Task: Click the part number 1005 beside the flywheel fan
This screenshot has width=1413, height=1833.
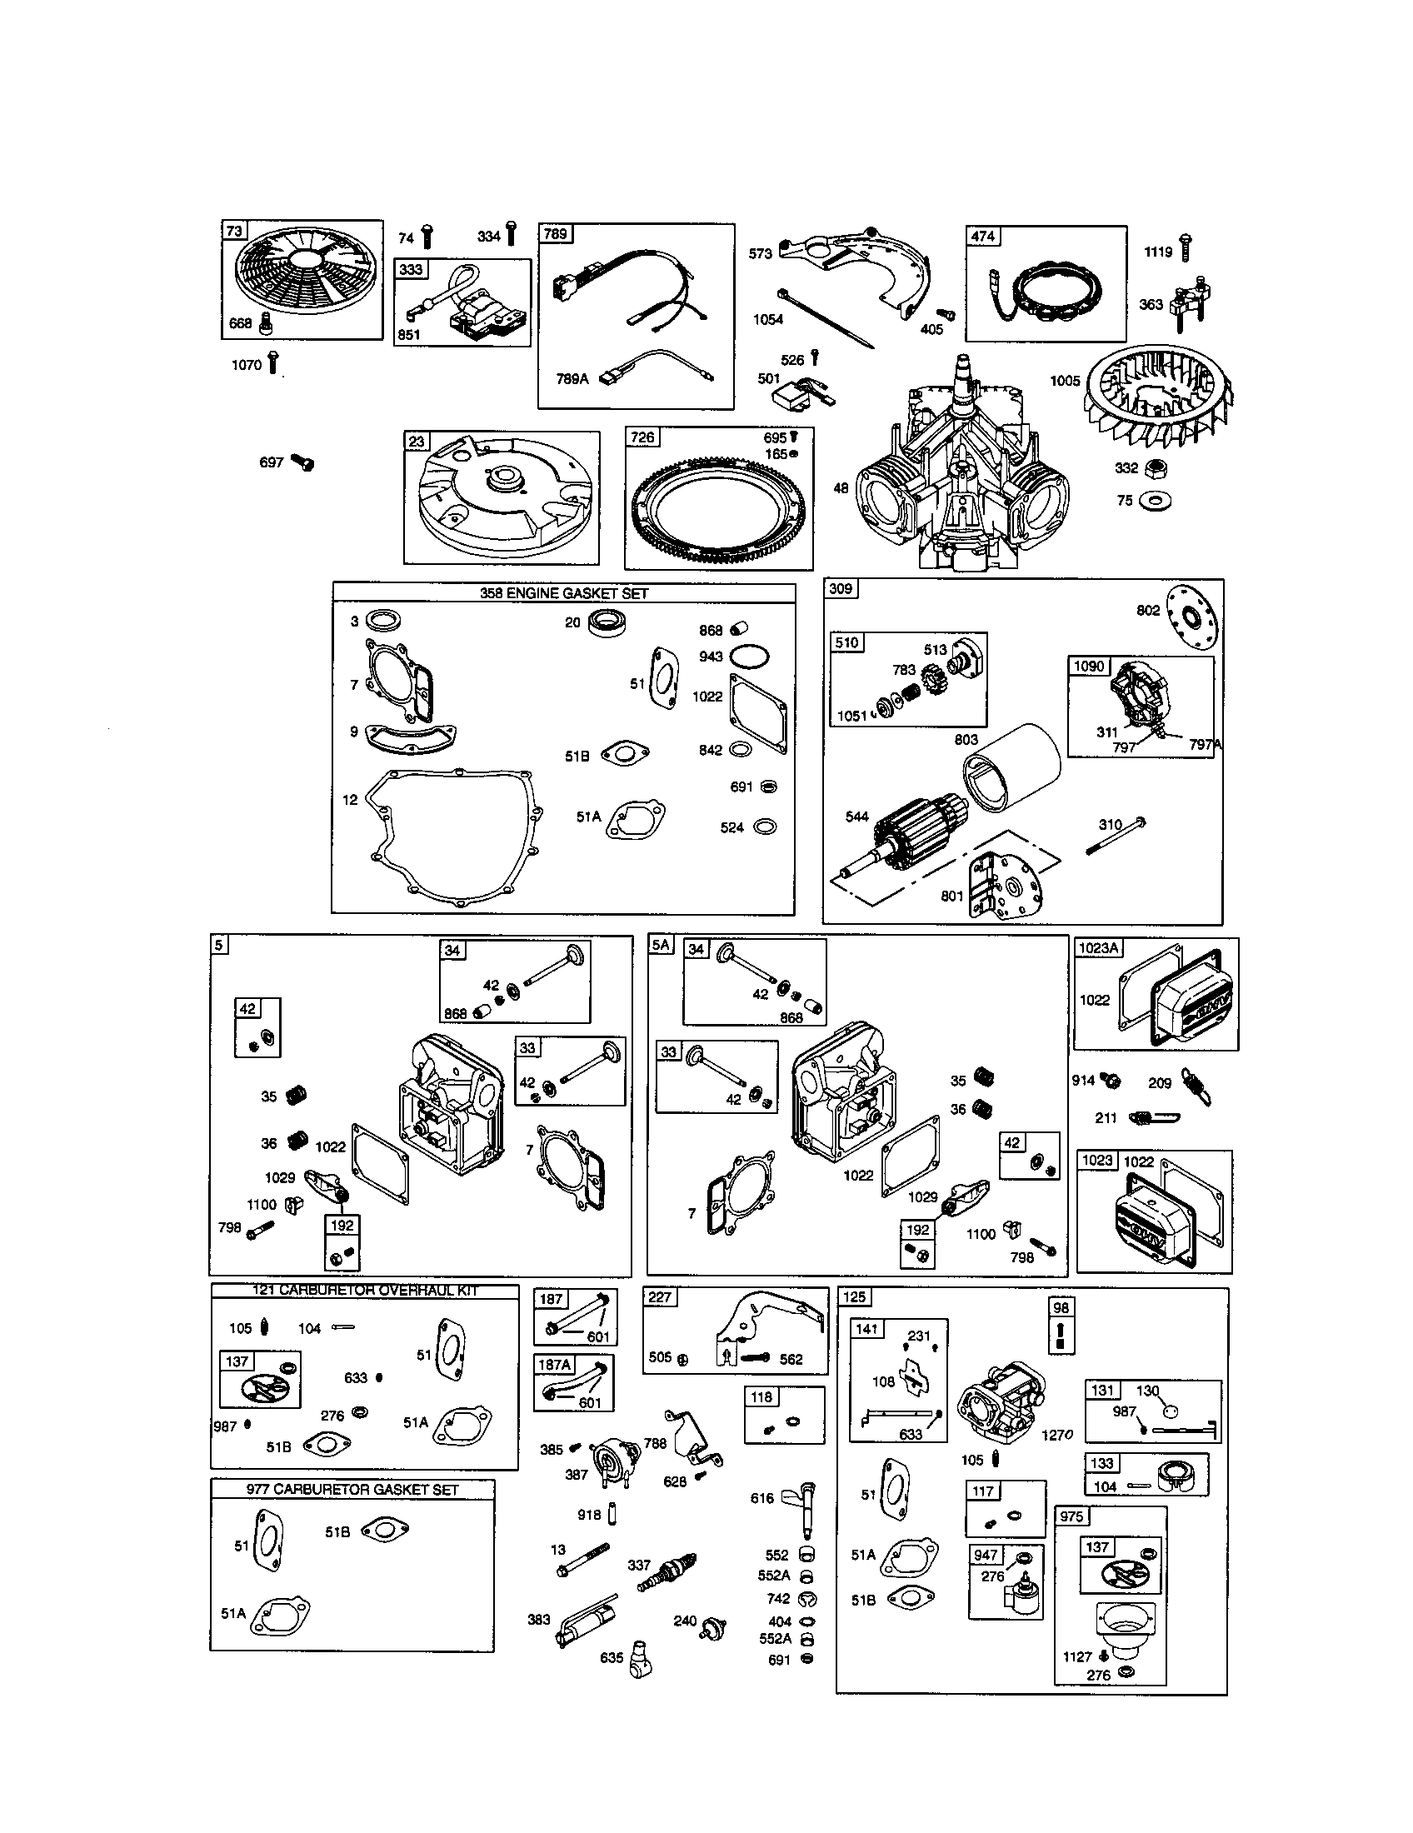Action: coord(1065,381)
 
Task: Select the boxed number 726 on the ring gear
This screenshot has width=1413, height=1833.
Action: coord(642,437)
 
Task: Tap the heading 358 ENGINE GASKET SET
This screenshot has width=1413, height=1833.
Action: coord(564,593)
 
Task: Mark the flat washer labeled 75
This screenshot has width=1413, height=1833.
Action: coord(1155,501)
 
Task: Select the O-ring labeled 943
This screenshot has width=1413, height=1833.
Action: coord(748,656)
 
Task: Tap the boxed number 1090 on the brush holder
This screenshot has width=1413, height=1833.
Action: coord(1089,666)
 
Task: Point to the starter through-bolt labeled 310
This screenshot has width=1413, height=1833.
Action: coord(1116,835)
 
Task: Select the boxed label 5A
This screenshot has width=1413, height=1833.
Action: coord(661,945)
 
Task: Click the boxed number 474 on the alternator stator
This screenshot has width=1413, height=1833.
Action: coord(982,236)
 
